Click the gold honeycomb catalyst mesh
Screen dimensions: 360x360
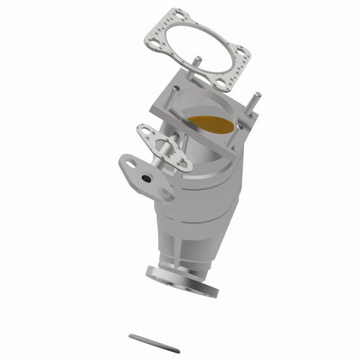point(210,126)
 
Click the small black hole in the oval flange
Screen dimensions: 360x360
point(146,179)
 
